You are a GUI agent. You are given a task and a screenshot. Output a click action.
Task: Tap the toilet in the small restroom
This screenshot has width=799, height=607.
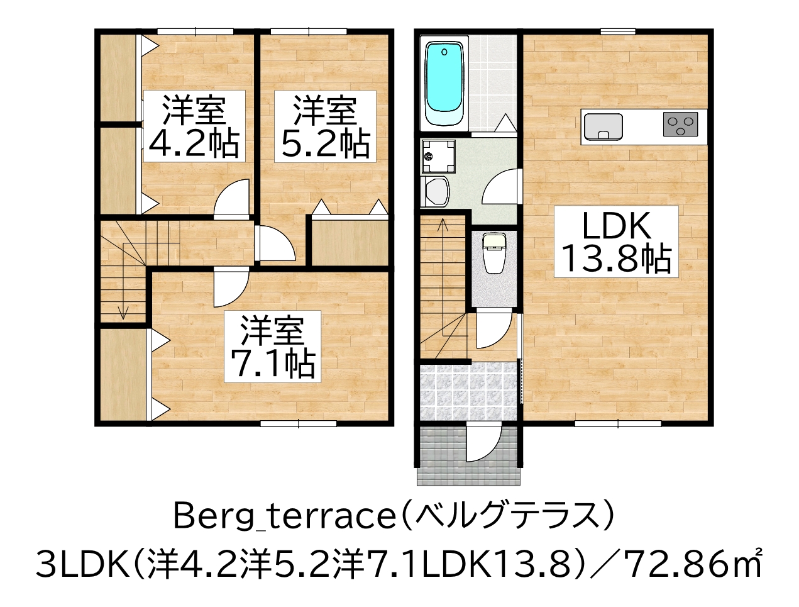pyautogui.click(x=494, y=253)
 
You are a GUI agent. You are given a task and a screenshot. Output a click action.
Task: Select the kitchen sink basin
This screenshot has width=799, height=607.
pyautogui.click(x=603, y=126)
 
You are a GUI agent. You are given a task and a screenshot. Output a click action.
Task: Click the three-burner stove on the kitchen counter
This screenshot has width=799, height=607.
pyautogui.click(x=680, y=124)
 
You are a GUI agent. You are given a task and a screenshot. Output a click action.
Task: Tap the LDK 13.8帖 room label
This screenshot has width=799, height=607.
pyautogui.click(x=615, y=242)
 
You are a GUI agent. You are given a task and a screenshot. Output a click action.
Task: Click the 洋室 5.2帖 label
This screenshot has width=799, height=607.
pyautogui.click(x=324, y=126)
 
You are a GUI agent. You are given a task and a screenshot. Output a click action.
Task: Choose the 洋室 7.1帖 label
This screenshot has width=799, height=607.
pyautogui.click(x=273, y=346)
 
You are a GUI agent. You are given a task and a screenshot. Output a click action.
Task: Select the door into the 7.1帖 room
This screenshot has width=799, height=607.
pyautogui.click(x=229, y=287)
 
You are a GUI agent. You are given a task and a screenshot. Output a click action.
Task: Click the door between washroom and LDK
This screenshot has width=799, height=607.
pyautogui.click(x=502, y=187)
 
